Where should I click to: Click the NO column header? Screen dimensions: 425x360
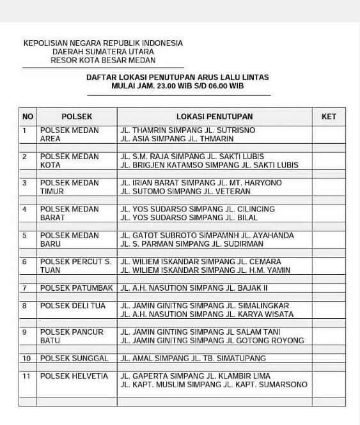(x=27, y=116)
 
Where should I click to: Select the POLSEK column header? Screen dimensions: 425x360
(x=77, y=116)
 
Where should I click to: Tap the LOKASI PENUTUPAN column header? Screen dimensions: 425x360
(x=214, y=116)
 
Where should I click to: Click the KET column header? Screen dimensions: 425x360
(x=329, y=116)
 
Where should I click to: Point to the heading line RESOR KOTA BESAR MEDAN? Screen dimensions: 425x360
(x=103, y=60)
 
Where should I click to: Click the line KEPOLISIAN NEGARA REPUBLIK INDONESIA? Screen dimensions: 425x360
(x=103, y=43)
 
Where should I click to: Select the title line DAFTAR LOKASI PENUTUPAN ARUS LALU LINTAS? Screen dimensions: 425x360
(x=178, y=77)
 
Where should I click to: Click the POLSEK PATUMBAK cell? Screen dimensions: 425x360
(x=77, y=288)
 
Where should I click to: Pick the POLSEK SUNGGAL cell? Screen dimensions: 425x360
(x=74, y=358)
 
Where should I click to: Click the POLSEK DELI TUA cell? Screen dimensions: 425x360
(x=72, y=305)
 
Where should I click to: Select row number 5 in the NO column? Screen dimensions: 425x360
(x=24, y=235)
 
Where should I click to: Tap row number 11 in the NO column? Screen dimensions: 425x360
(x=26, y=376)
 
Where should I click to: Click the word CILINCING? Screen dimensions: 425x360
(x=251, y=209)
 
